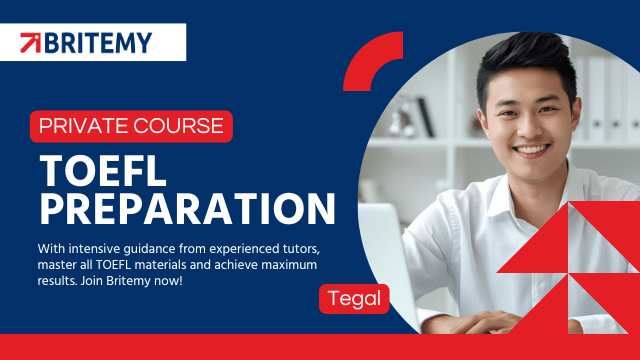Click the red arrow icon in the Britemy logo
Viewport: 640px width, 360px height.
coord(31,43)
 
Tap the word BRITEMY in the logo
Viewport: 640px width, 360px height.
coord(98,43)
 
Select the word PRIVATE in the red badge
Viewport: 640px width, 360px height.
coord(84,126)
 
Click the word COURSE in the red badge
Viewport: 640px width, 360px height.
coord(178,126)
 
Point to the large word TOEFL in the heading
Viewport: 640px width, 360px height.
coord(103,171)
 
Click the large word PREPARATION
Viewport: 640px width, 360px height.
coord(187,209)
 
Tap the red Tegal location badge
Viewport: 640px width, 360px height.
coord(354,299)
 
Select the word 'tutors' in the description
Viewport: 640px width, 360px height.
coord(301,249)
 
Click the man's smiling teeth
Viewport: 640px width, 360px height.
coord(531,150)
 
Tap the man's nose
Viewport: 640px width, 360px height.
coord(529,128)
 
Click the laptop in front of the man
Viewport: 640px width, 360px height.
coord(388,261)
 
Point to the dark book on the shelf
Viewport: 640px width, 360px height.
coord(426,117)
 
